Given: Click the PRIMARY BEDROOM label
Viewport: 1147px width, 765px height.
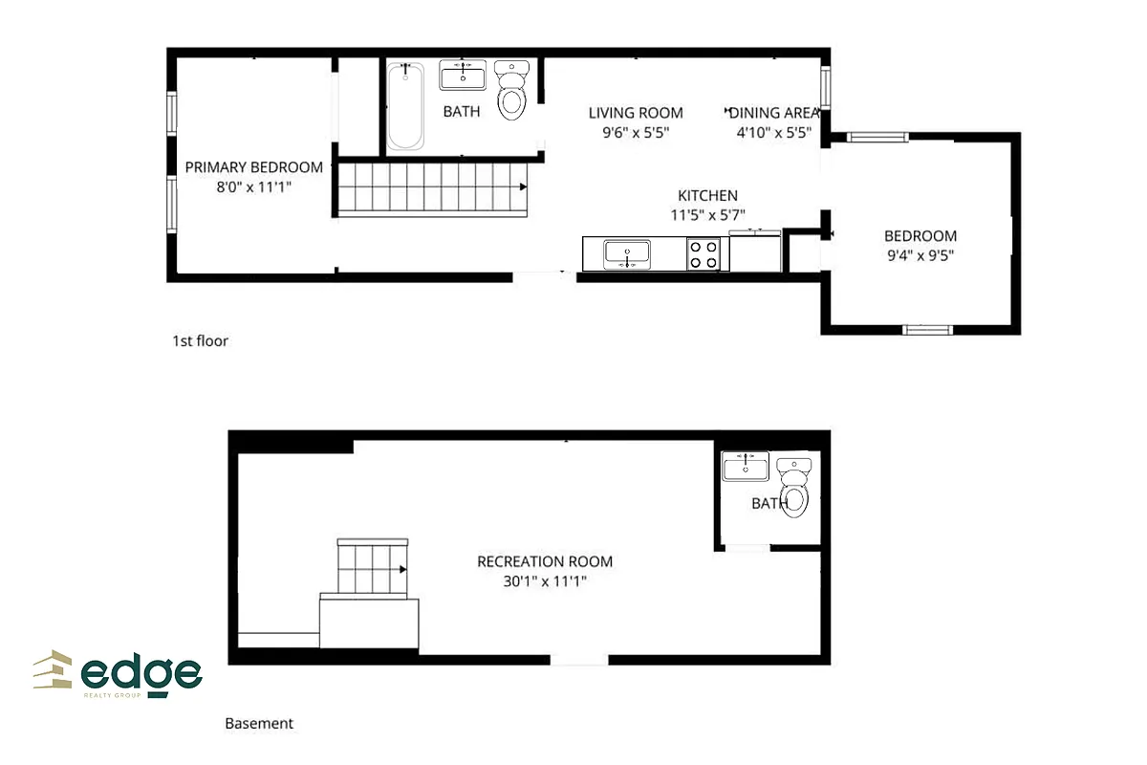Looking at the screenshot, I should pos(253,167).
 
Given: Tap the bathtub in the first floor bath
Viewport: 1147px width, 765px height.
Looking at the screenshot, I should pos(405,106).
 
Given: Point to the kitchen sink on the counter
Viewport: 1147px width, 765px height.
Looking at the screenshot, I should pos(627,254).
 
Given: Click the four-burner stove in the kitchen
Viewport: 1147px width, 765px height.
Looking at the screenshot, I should pos(704,254).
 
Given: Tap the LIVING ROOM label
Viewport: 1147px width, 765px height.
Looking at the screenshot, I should pos(636,113).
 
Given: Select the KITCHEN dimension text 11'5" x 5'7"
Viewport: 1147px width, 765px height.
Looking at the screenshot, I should pos(707,216).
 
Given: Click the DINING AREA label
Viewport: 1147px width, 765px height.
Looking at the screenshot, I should pos(774,113).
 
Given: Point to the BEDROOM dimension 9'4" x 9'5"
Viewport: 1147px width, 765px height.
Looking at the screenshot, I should pos(920,255).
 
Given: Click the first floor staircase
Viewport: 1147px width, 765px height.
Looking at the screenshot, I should pos(433,187).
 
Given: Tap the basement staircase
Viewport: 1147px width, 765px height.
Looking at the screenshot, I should pos(374,568).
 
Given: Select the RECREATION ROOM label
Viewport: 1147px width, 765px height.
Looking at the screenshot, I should pos(545,561).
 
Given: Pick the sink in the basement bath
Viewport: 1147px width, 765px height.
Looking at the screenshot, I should pos(746,467).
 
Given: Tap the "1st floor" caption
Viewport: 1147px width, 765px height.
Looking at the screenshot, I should pos(200,340).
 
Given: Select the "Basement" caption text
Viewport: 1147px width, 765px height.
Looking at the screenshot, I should pos(259,724).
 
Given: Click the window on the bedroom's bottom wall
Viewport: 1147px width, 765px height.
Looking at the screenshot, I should pos(928,330).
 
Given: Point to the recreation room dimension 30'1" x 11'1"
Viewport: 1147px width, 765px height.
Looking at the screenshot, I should pos(545,580).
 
